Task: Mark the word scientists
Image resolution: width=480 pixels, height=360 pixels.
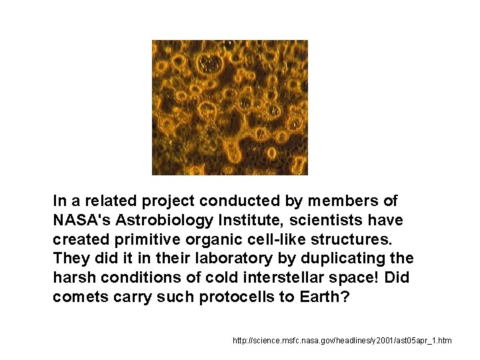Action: pos(331,219)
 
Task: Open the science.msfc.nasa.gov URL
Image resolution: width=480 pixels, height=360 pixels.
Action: pos(342,341)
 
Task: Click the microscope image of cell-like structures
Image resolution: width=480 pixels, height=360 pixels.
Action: pos(229,107)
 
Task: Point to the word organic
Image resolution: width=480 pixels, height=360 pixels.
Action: pos(191,239)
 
